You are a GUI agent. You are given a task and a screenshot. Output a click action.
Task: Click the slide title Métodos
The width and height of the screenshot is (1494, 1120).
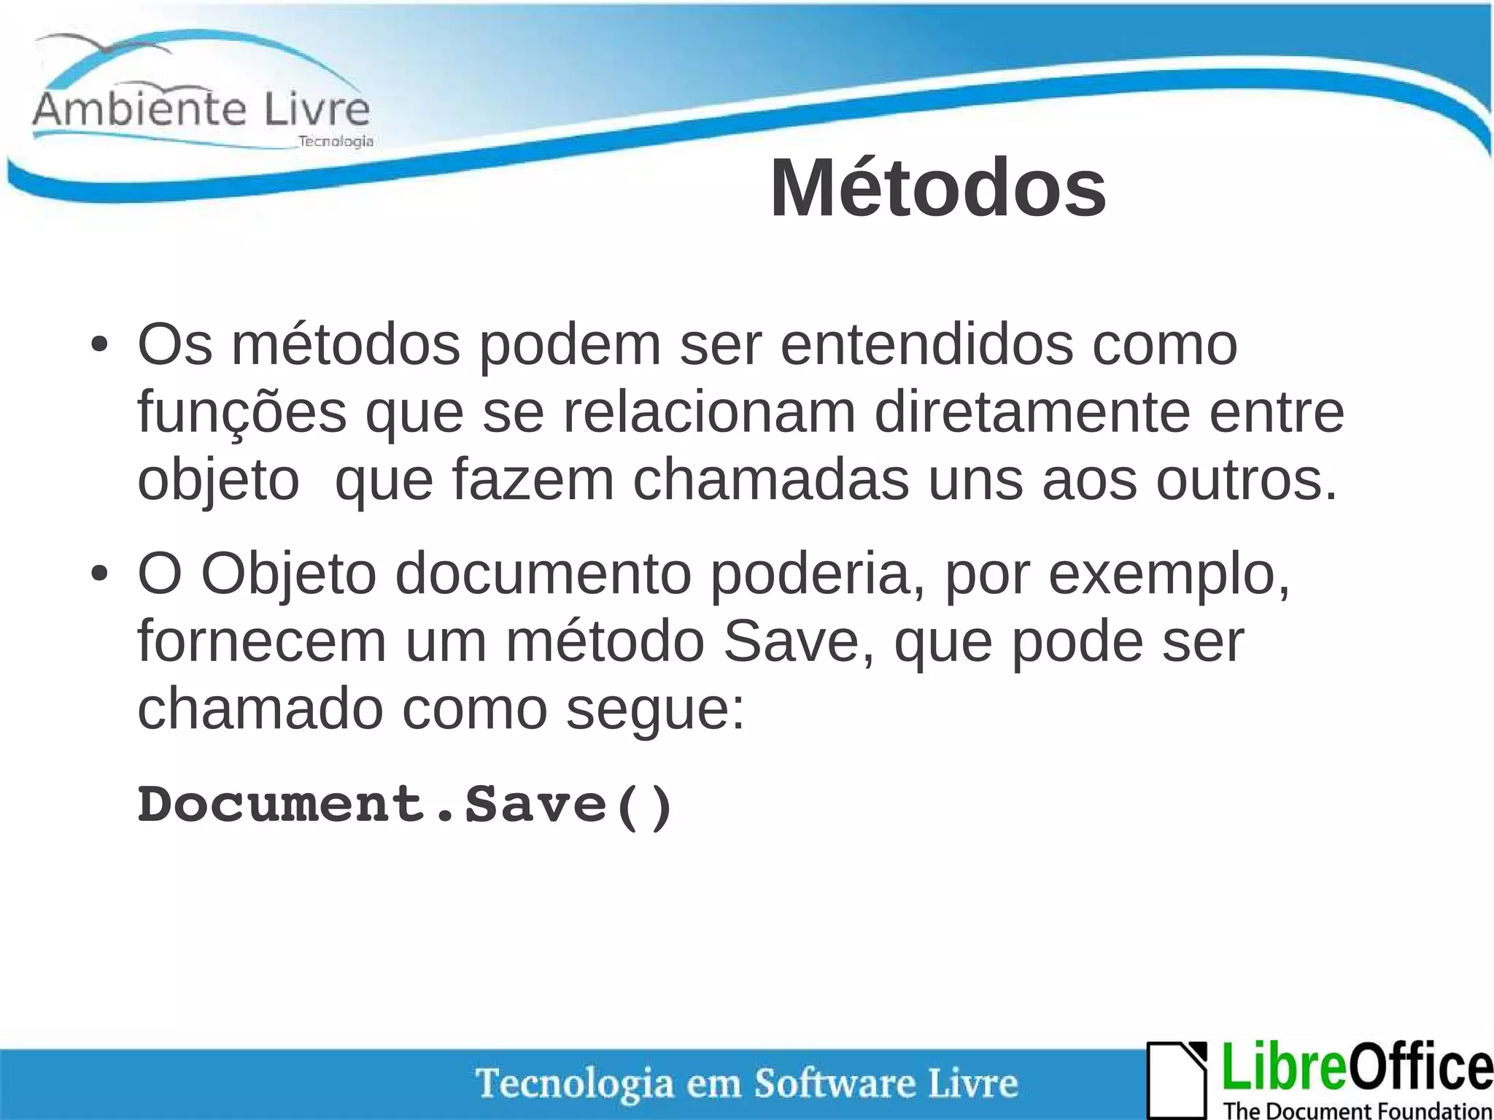click(x=938, y=188)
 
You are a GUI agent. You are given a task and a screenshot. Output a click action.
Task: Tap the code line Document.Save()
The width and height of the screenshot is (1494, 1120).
click(x=405, y=805)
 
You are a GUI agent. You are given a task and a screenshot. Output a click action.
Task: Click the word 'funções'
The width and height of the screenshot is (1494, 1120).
click(x=241, y=413)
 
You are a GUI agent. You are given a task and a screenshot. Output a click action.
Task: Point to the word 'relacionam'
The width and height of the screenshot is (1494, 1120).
click(x=708, y=413)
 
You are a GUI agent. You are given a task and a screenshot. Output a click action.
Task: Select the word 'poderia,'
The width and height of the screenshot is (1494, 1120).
click(x=818, y=574)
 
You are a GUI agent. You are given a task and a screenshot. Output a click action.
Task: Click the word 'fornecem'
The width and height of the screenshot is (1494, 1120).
click(x=261, y=641)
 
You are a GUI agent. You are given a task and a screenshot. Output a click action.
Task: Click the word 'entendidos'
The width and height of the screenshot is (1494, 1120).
click(x=926, y=345)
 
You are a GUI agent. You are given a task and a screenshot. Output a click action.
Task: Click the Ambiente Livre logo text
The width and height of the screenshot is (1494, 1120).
click(x=201, y=109)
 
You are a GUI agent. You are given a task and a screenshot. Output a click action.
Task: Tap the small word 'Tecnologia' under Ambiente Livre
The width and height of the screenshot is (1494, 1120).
click(x=336, y=142)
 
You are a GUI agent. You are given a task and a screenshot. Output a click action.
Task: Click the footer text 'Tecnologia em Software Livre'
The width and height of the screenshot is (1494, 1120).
click(x=746, y=1083)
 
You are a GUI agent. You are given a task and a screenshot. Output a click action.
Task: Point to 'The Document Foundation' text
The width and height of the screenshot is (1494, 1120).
click(x=1357, y=1111)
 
